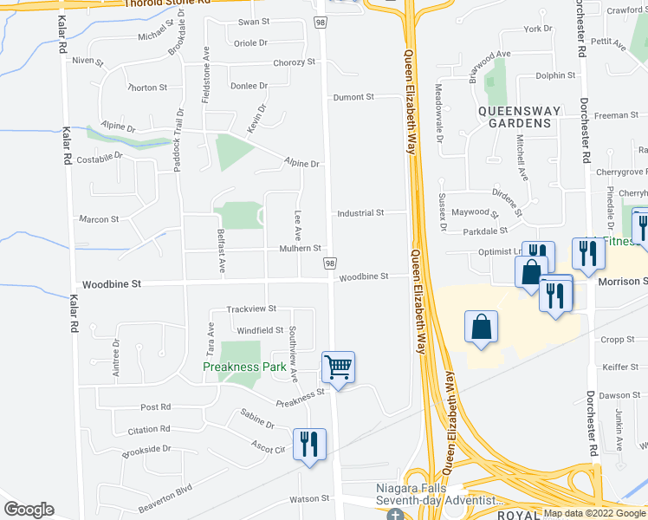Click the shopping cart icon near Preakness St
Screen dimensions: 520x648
(338, 367)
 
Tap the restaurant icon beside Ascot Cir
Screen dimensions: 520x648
(309, 444)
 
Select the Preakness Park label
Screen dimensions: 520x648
(244, 367)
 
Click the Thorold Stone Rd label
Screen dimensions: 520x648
(167, 3)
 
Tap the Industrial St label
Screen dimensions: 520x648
(360, 213)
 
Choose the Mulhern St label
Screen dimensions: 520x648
(300, 248)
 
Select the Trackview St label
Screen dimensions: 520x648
(250, 309)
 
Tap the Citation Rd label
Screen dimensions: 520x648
(148, 430)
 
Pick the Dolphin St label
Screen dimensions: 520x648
(555, 76)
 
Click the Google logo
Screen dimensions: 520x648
(29, 510)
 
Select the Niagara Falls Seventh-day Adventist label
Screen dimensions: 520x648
(430, 494)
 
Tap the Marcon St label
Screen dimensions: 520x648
(98, 219)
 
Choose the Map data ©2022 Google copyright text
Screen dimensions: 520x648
(594, 513)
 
